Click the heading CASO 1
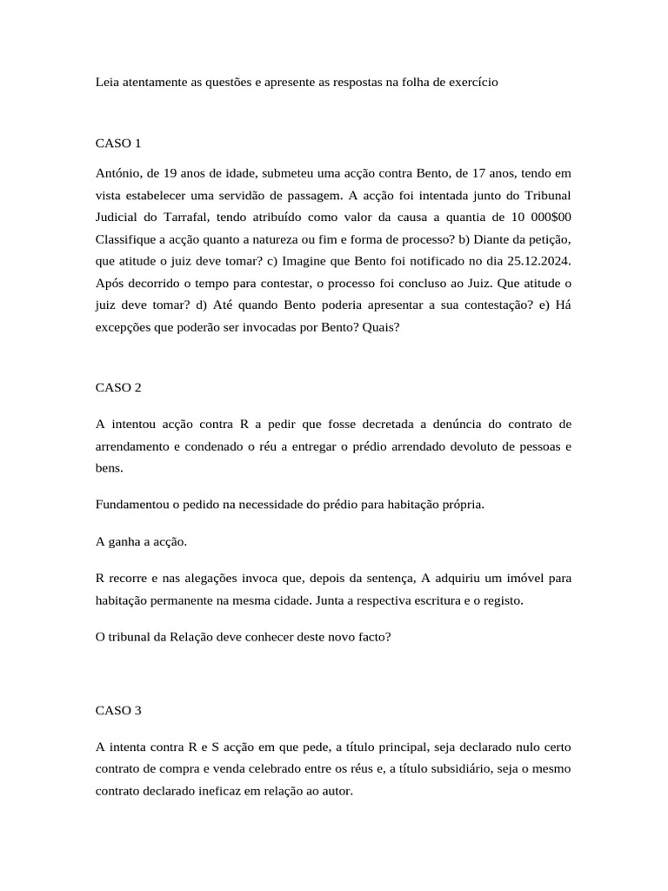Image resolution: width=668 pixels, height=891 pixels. tap(118, 142)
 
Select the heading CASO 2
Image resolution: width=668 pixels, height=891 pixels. tap(118, 387)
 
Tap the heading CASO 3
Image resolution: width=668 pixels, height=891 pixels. tap(118, 710)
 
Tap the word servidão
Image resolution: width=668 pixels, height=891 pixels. tap(250, 195)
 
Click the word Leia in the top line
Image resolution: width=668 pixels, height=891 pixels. tap(107, 83)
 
